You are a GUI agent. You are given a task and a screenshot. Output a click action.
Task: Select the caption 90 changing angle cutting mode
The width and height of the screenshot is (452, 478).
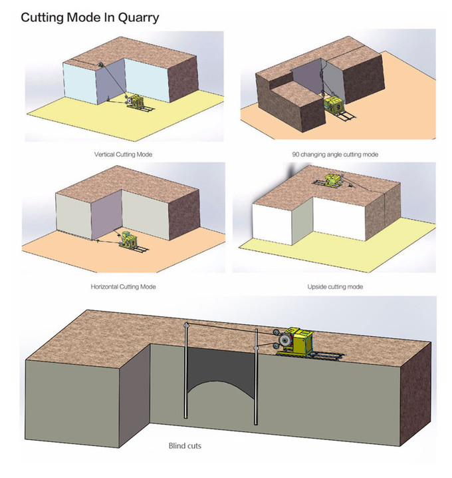click(334, 154)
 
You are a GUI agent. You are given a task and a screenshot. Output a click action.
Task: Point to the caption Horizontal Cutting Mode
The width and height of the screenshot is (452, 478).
click(128, 286)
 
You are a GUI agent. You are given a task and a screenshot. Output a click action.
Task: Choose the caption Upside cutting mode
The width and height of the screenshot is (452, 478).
click(334, 286)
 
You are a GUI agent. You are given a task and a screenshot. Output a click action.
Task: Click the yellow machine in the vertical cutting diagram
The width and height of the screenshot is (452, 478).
click(138, 100)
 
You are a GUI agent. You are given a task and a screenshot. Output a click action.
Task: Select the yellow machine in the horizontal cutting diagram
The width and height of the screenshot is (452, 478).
click(128, 238)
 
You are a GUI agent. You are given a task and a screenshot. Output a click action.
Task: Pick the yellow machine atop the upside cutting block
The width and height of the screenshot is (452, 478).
click(330, 179)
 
